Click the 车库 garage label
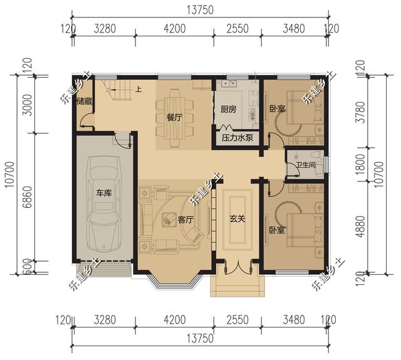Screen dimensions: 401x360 [x=104, y=193]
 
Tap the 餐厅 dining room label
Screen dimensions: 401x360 [x=174, y=118]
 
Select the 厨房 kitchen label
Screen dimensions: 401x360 [x=228, y=110]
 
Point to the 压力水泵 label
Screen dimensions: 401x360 [x=237, y=138]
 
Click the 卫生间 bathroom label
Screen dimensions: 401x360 [x=306, y=165]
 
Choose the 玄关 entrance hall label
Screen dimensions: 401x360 [x=237, y=219]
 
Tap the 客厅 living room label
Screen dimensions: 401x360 [x=185, y=219]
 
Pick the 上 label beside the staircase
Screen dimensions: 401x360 [x=138, y=90]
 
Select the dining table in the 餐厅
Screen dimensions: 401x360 [x=174, y=118]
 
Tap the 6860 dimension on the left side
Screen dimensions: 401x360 [x=28, y=197]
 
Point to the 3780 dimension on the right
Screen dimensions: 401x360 [x=360, y=113]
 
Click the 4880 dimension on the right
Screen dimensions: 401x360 [x=360, y=227]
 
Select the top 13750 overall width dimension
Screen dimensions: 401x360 [x=200, y=10]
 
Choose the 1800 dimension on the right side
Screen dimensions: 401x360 [x=360, y=164]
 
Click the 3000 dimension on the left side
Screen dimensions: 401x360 [x=28, y=105]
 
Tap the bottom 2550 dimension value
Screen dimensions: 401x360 [x=237, y=320]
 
